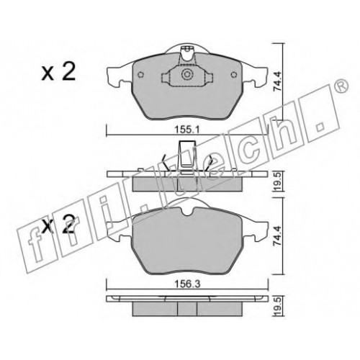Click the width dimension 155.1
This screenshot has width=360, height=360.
[187, 130]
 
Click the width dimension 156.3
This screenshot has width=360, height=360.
[187, 284]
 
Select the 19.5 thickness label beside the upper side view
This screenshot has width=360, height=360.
[278, 183]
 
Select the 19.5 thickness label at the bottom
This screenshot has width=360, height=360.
[278, 307]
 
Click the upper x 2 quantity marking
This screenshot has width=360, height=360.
[58, 71]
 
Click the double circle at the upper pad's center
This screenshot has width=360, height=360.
[186, 75]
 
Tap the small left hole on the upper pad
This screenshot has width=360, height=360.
[140, 75]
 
